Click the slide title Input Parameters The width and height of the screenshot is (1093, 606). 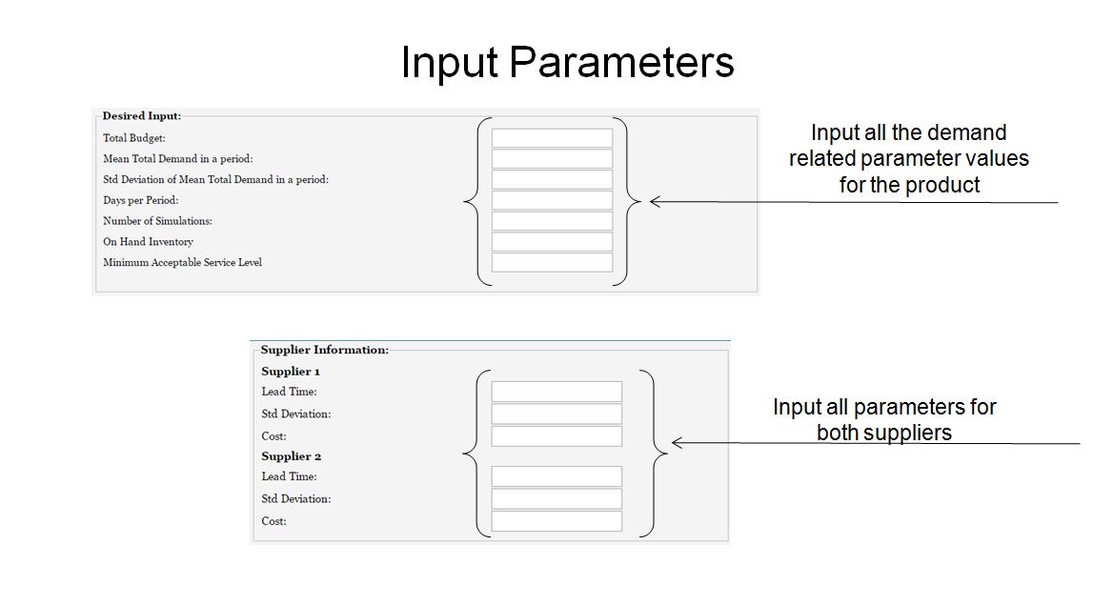567,63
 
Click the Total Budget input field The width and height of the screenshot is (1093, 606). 552,138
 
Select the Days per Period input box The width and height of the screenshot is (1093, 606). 552,200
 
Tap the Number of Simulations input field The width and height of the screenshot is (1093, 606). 552,221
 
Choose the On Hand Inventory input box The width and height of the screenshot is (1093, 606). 552,242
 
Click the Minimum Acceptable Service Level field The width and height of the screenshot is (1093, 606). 552,263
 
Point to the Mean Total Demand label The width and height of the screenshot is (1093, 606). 178,159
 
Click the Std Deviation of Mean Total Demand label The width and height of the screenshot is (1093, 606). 215,180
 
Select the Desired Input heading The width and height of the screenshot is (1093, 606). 141,115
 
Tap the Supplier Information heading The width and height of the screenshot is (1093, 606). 324,350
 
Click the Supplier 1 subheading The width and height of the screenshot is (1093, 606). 290,372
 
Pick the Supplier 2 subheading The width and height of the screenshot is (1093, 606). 291,456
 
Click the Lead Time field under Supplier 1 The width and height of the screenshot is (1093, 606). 557,392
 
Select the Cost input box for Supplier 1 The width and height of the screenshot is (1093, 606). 557,436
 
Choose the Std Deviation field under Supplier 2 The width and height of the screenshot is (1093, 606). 557,499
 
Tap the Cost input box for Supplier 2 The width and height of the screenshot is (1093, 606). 557,521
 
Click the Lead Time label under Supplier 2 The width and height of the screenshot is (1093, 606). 289,477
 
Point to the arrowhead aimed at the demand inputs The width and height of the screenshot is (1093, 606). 655,202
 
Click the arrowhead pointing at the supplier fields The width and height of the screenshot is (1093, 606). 677,443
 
